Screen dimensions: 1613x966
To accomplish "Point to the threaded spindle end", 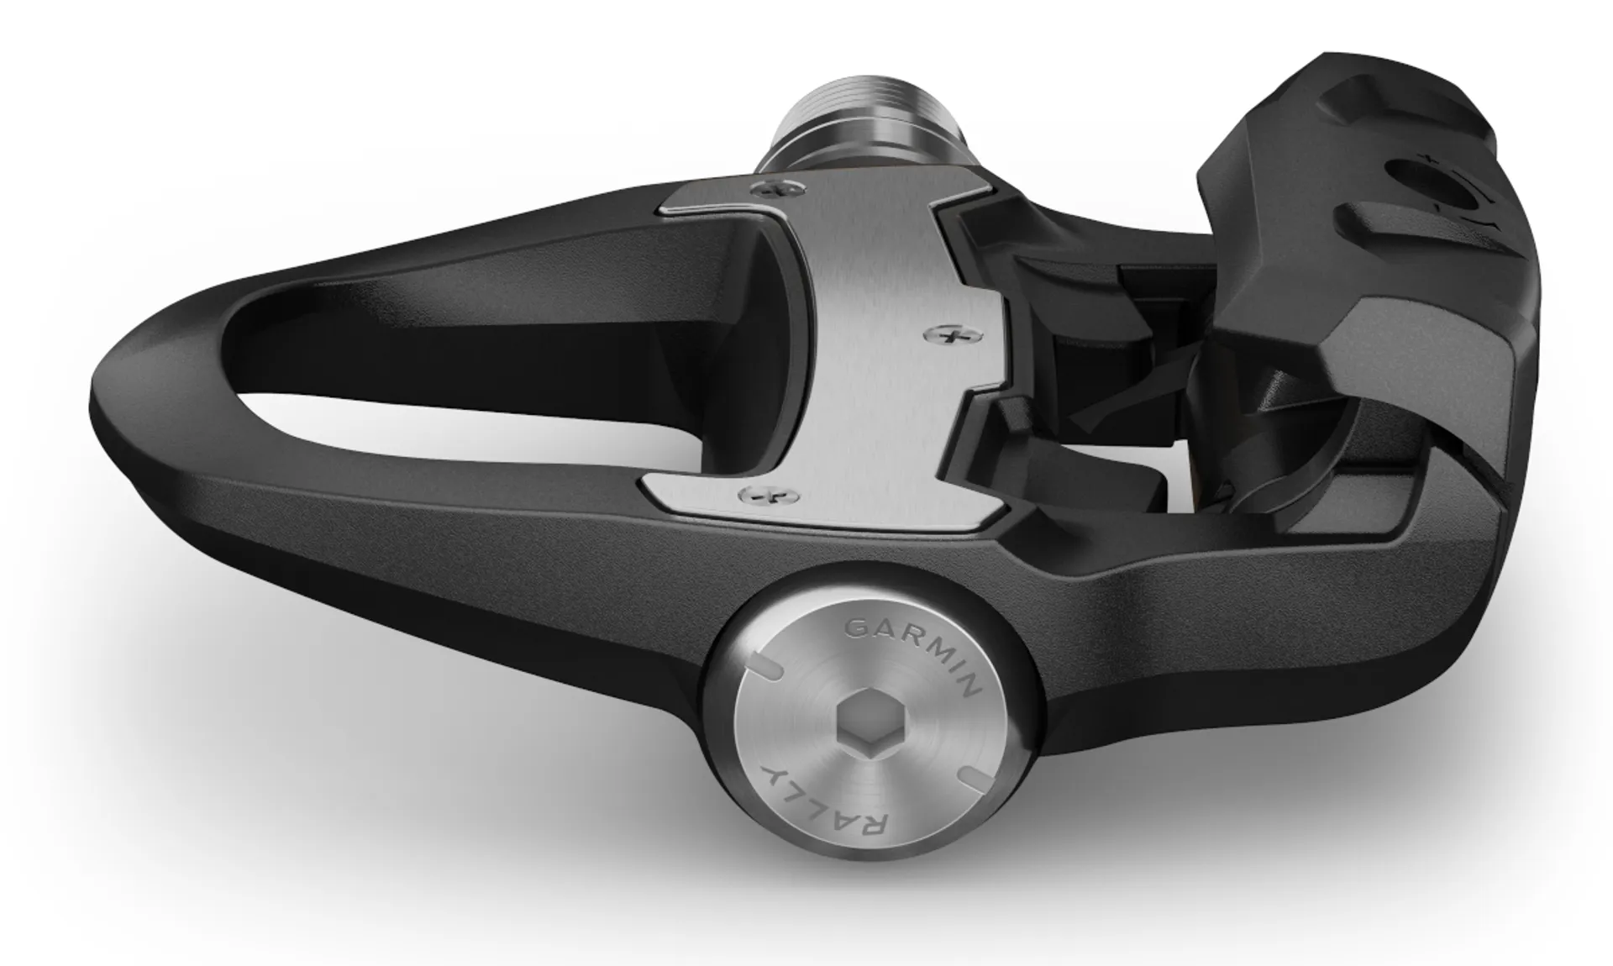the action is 849,102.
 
